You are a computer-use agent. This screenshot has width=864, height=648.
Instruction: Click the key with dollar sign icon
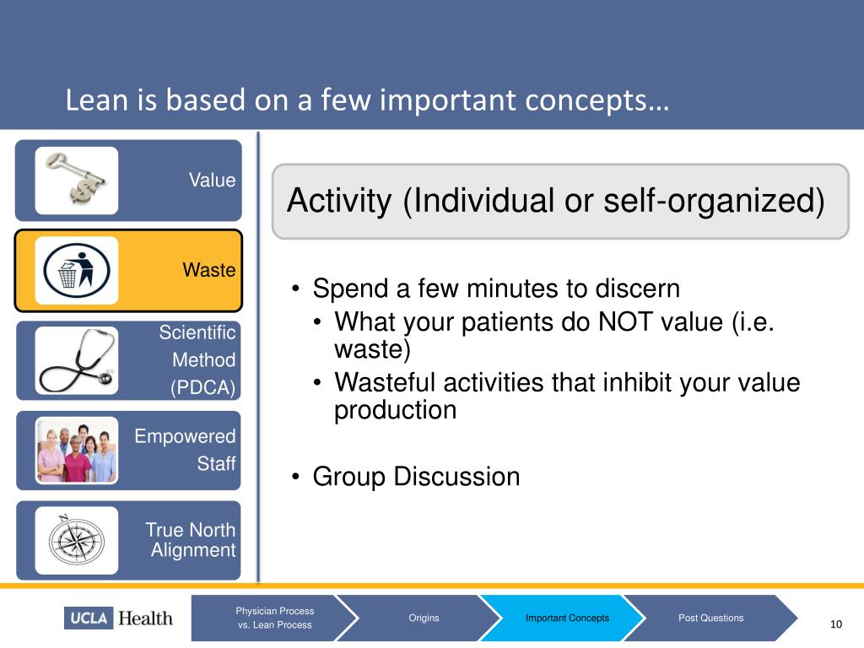click(x=77, y=181)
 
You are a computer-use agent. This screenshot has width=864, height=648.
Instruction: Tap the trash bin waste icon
click(x=77, y=271)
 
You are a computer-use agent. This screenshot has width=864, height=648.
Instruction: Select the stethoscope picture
click(x=77, y=360)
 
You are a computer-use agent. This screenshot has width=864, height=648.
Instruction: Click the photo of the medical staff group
click(x=77, y=451)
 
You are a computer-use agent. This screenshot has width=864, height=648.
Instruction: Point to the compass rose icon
click(x=77, y=540)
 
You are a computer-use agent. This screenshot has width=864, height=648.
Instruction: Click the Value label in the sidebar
click(x=212, y=181)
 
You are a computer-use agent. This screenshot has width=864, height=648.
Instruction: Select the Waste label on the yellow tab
click(x=209, y=270)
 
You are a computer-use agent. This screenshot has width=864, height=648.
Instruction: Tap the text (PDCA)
click(x=202, y=388)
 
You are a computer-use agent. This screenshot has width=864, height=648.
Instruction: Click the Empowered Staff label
click(x=185, y=450)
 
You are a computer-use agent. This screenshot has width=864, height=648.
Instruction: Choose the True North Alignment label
click(x=191, y=540)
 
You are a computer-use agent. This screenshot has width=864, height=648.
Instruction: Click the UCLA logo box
click(x=89, y=618)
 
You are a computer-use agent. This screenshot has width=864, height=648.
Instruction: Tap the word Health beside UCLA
click(x=145, y=618)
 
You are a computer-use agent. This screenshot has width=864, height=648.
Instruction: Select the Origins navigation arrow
click(x=424, y=618)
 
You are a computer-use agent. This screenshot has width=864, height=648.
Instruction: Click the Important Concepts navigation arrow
click(x=568, y=618)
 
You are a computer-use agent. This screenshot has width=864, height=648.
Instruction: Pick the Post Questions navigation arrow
click(x=710, y=618)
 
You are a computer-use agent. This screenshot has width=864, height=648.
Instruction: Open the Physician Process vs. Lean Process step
click(x=275, y=618)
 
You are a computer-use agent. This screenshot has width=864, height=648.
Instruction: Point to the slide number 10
click(x=836, y=624)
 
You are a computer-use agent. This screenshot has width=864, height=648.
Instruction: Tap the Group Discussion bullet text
click(x=416, y=477)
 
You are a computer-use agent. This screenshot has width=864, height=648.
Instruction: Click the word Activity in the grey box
click(x=339, y=201)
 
